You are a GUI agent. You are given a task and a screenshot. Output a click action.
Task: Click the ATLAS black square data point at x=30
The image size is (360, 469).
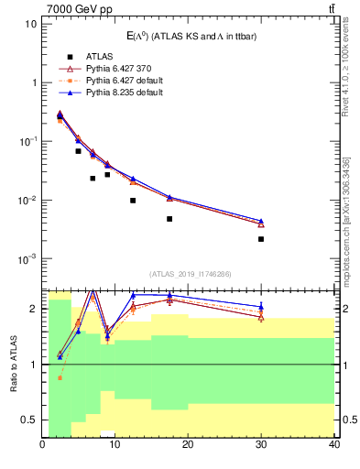[x=261, y=239]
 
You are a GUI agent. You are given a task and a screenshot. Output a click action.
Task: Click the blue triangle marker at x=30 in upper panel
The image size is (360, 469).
[x=261, y=221]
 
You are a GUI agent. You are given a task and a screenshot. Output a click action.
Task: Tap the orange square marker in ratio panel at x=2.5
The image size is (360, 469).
[x=60, y=377]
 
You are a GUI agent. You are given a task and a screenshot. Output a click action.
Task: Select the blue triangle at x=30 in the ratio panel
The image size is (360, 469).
[x=261, y=307]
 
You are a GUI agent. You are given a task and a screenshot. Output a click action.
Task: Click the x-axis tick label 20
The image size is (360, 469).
[x=188, y=445]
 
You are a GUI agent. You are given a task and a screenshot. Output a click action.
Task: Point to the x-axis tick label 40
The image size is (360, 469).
[x=333, y=445]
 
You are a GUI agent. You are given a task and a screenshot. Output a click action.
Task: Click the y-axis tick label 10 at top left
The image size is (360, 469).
[x=30, y=23]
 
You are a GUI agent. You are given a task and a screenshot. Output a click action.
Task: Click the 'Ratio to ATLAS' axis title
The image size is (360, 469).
[x=13, y=364]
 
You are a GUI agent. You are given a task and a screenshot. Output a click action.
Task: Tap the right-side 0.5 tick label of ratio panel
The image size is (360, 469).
[x=348, y=420]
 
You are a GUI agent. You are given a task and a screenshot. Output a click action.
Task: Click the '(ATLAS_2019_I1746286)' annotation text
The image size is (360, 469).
[x=189, y=274]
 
